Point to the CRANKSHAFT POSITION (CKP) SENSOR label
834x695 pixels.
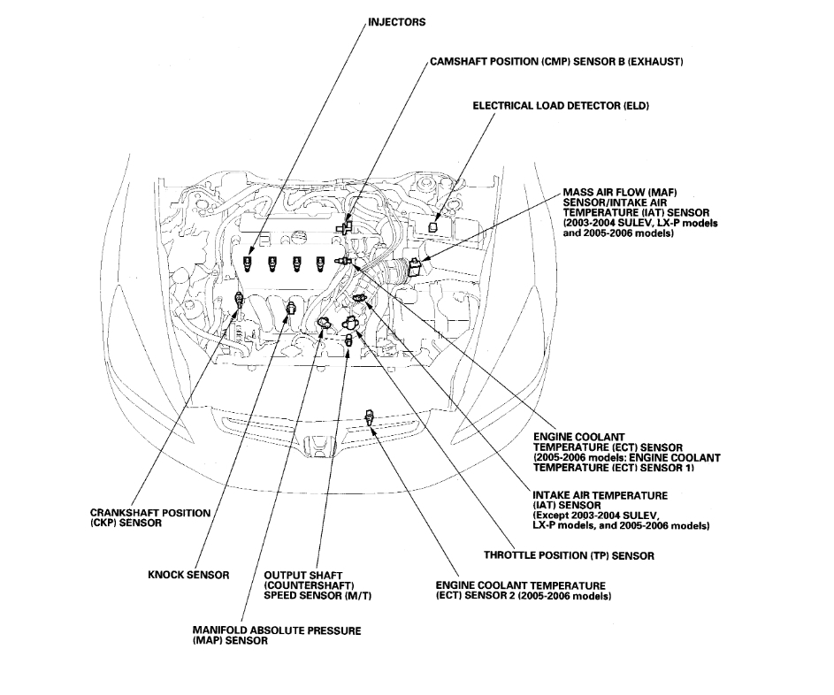click(150, 518)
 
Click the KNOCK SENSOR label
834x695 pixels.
click(188, 576)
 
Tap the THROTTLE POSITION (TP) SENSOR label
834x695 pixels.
click(569, 555)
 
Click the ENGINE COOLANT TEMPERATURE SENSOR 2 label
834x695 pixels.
click(521, 591)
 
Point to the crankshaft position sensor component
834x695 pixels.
click(237, 302)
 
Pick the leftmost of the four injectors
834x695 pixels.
click(249, 263)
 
